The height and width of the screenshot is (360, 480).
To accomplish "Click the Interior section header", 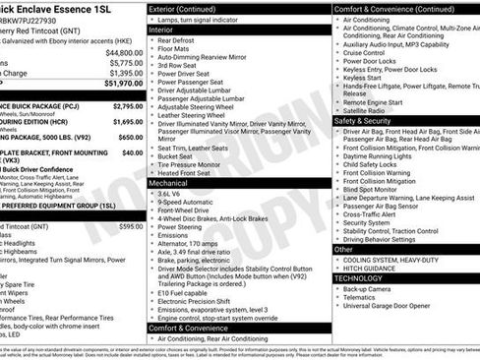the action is (x=161, y=30).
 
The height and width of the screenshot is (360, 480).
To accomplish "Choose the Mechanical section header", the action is (x=168, y=182).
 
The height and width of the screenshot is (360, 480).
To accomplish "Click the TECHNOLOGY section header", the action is (x=365, y=278).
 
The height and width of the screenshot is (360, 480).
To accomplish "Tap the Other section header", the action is (x=344, y=249).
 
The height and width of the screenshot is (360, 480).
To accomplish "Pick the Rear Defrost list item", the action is (x=182, y=41).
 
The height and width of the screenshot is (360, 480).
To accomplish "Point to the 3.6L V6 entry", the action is (x=177, y=194).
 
